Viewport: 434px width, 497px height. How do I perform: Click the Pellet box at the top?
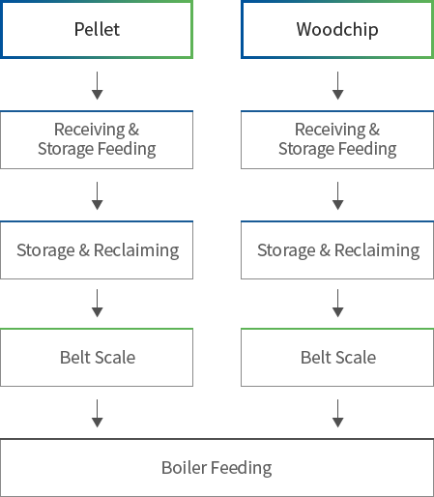click(x=97, y=29)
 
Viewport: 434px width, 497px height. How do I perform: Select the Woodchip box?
click(x=337, y=29)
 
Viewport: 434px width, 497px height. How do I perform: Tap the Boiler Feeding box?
click(x=217, y=468)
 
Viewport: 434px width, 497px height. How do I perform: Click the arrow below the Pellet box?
click(x=97, y=86)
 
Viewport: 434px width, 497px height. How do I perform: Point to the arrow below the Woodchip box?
click(x=337, y=86)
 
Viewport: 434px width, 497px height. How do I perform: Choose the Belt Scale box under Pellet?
click(x=97, y=357)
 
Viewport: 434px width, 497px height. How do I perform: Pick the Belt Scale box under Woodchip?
click(x=337, y=357)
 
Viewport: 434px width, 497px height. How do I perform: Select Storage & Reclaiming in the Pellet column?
click(x=97, y=250)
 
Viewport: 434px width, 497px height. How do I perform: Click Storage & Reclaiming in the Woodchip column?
click(x=337, y=250)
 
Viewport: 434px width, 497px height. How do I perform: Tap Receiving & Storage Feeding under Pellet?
click(x=97, y=139)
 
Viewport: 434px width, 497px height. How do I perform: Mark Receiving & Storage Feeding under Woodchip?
click(x=337, y=139)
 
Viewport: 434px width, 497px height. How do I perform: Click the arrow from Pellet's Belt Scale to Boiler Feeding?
click(x=97, y=414)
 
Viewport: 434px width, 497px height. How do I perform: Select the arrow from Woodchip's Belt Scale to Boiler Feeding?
click(x=337, y=414)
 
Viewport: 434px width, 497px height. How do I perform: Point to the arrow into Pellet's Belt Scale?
click(x=97, y=304)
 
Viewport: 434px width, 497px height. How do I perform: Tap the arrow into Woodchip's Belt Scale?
click(x=337, y=304)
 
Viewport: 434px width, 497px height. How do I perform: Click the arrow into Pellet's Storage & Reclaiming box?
click(x=97, y=196)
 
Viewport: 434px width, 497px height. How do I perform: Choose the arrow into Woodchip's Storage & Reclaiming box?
click(x=337, y=196)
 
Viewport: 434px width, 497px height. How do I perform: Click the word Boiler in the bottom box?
click(x=185, y=468)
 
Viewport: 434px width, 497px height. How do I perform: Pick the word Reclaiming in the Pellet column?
click(x=136, y=251)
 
